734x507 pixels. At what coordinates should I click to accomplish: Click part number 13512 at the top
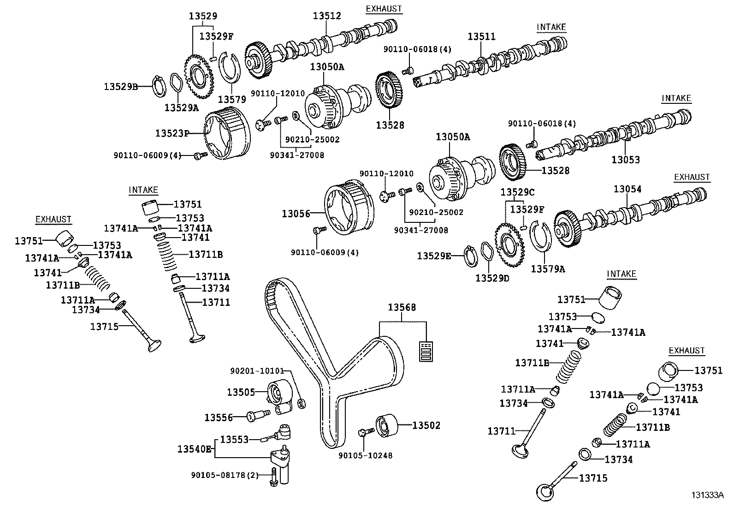click(x=327, y=16)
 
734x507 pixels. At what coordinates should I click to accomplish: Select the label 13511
click(x=481, y=36)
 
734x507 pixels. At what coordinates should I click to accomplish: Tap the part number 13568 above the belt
click(x=402, y=307)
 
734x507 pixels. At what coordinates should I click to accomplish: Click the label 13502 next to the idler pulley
click(x=426, y=425)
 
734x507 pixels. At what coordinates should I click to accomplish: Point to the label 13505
click(x=241, y=392)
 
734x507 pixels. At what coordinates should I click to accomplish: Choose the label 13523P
click(x=172, y=133)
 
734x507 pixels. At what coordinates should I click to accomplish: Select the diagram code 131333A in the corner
click(x=707, y=495)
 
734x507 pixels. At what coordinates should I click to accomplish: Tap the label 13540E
click(x=195, y=448)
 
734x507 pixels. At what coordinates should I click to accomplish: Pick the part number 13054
click(x=627, y=189)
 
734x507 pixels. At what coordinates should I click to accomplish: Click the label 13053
click(x=626, y=160)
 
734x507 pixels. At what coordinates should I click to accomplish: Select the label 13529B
click(x=120, y=86)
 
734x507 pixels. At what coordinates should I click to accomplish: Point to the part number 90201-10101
click(x=257, y=371)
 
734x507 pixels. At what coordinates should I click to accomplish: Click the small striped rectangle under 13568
click(x=427, y=351)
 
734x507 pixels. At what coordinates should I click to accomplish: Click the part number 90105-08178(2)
click(x=225, y=475)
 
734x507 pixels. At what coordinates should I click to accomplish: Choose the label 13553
click(x=234, y=439)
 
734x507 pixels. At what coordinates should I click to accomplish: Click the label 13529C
click(x=518, y=192)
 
